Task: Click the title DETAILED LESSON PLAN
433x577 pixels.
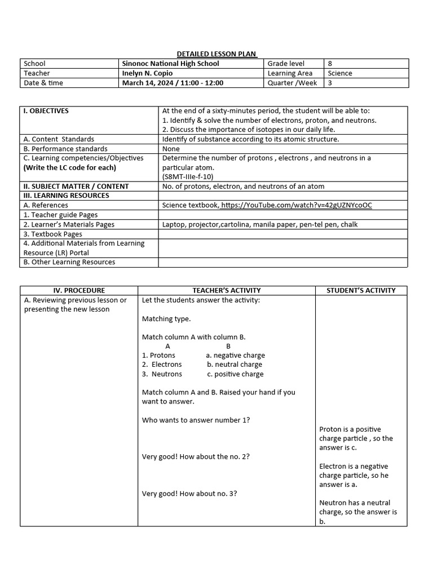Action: point(216,54)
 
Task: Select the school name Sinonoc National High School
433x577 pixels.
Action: point(170,64)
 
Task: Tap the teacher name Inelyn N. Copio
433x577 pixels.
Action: point(147,73)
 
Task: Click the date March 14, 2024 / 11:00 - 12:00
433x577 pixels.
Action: point(173,83)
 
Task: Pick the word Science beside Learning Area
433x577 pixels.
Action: point(340,73)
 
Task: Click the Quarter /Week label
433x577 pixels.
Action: point(292,83)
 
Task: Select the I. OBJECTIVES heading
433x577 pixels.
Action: point(46,111)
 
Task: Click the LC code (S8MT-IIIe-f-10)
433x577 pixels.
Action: point(188,177)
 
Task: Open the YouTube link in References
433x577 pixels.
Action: point(297,205)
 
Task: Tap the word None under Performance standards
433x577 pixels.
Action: point(171,149)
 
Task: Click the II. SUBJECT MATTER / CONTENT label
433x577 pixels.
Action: point(76,187)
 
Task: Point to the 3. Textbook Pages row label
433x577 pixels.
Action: point(52,234)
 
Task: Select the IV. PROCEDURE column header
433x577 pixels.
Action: point(79,291)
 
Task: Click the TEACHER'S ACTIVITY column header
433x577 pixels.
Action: point(227,291)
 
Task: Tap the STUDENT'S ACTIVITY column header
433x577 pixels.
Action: point(361,291)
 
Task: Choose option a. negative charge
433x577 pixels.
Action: point(235,356)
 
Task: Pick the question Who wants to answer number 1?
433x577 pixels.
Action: point(196,420)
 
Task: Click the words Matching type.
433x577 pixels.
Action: point(166,319)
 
